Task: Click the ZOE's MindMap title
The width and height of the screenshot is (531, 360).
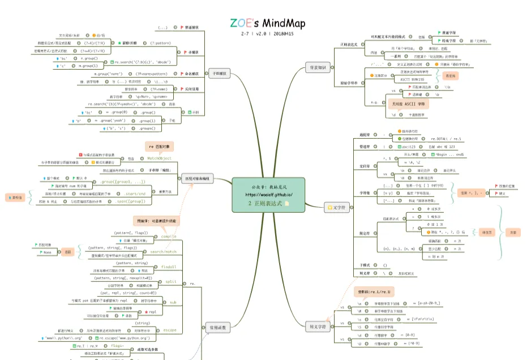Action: click(x=267, y=23)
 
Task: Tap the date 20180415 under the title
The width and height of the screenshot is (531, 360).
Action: click(x=282, y=34)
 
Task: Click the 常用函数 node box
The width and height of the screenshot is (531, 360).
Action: click(x=218, y=327)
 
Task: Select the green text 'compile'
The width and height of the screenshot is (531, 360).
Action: click(x=168, y=236)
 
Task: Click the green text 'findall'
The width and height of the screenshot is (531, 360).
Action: click(x=169, y=267)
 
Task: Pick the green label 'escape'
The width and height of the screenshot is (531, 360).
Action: click(x=170, y=329)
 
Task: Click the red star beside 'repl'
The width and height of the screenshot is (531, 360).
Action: click(x=146, y=311)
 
